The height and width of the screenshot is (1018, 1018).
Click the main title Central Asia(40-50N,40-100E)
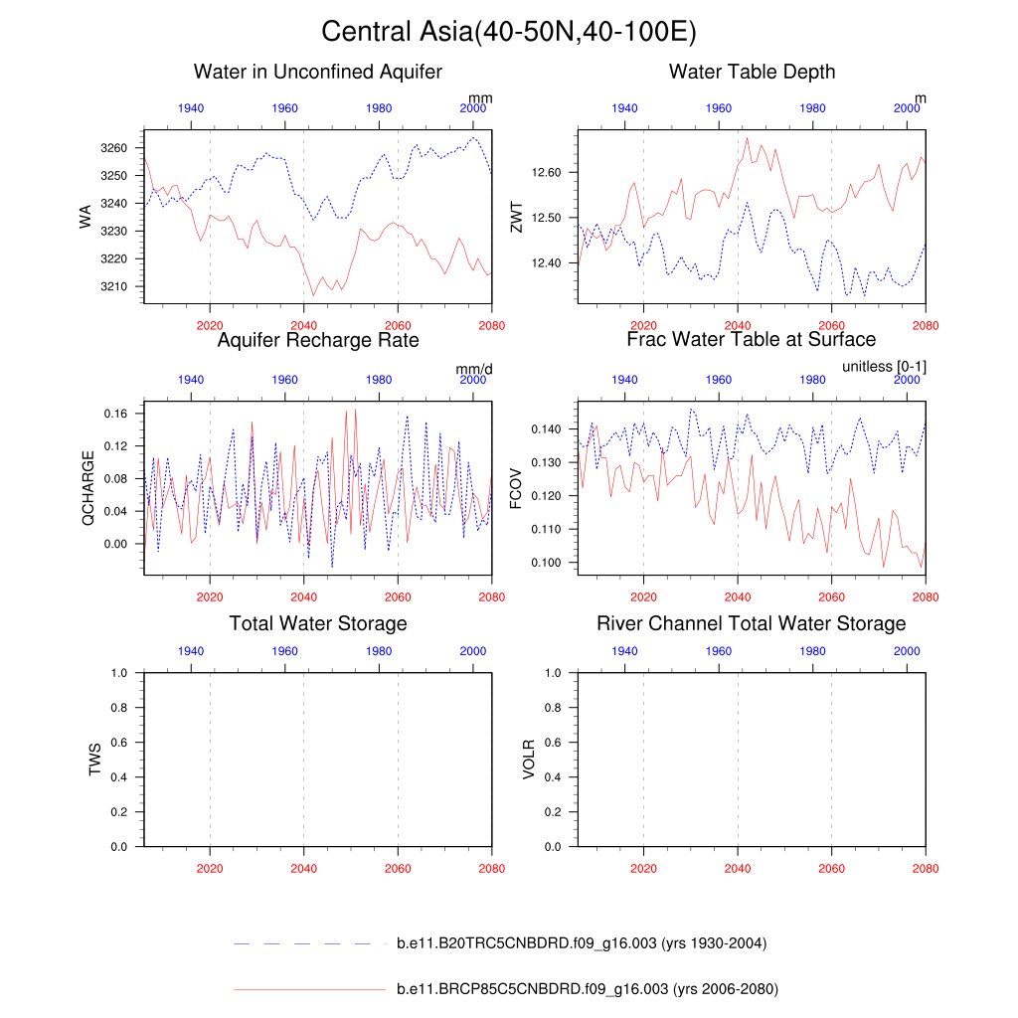509,32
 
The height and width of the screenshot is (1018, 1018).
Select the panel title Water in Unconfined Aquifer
318,72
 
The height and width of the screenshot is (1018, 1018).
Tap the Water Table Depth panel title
752,72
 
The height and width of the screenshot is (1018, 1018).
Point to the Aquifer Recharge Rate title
318,340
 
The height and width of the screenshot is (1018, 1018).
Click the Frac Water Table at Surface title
752,340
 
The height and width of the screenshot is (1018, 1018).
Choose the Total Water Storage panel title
318,623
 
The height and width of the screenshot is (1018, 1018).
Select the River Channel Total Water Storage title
752,623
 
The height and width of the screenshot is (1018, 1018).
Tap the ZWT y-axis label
516,216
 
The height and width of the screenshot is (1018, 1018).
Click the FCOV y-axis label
516,487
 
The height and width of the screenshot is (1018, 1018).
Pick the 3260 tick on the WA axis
116,148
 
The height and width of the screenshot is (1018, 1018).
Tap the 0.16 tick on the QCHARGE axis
118,413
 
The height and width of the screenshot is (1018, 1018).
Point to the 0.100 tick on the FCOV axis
549,563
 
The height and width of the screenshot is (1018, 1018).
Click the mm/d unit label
474,369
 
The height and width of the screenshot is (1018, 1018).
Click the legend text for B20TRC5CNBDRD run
581,943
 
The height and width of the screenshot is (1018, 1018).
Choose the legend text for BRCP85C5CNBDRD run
587,989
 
